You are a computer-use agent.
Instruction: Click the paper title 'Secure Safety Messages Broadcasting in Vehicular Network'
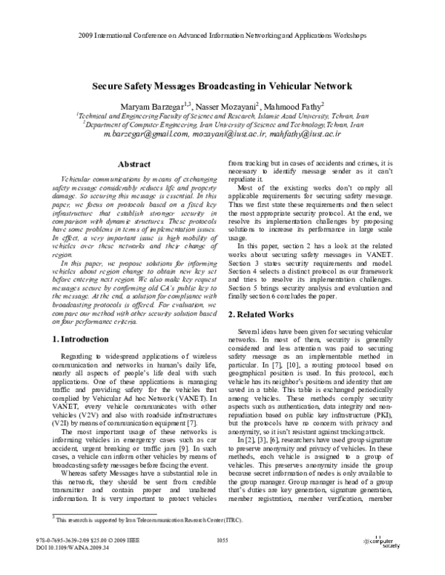pyautogui.click(x=222, y=86)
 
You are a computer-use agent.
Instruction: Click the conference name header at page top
pyautogui.click(x=222, y=35)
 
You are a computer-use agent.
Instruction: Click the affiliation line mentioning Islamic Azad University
pyautogui.click(x=222, y=117)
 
